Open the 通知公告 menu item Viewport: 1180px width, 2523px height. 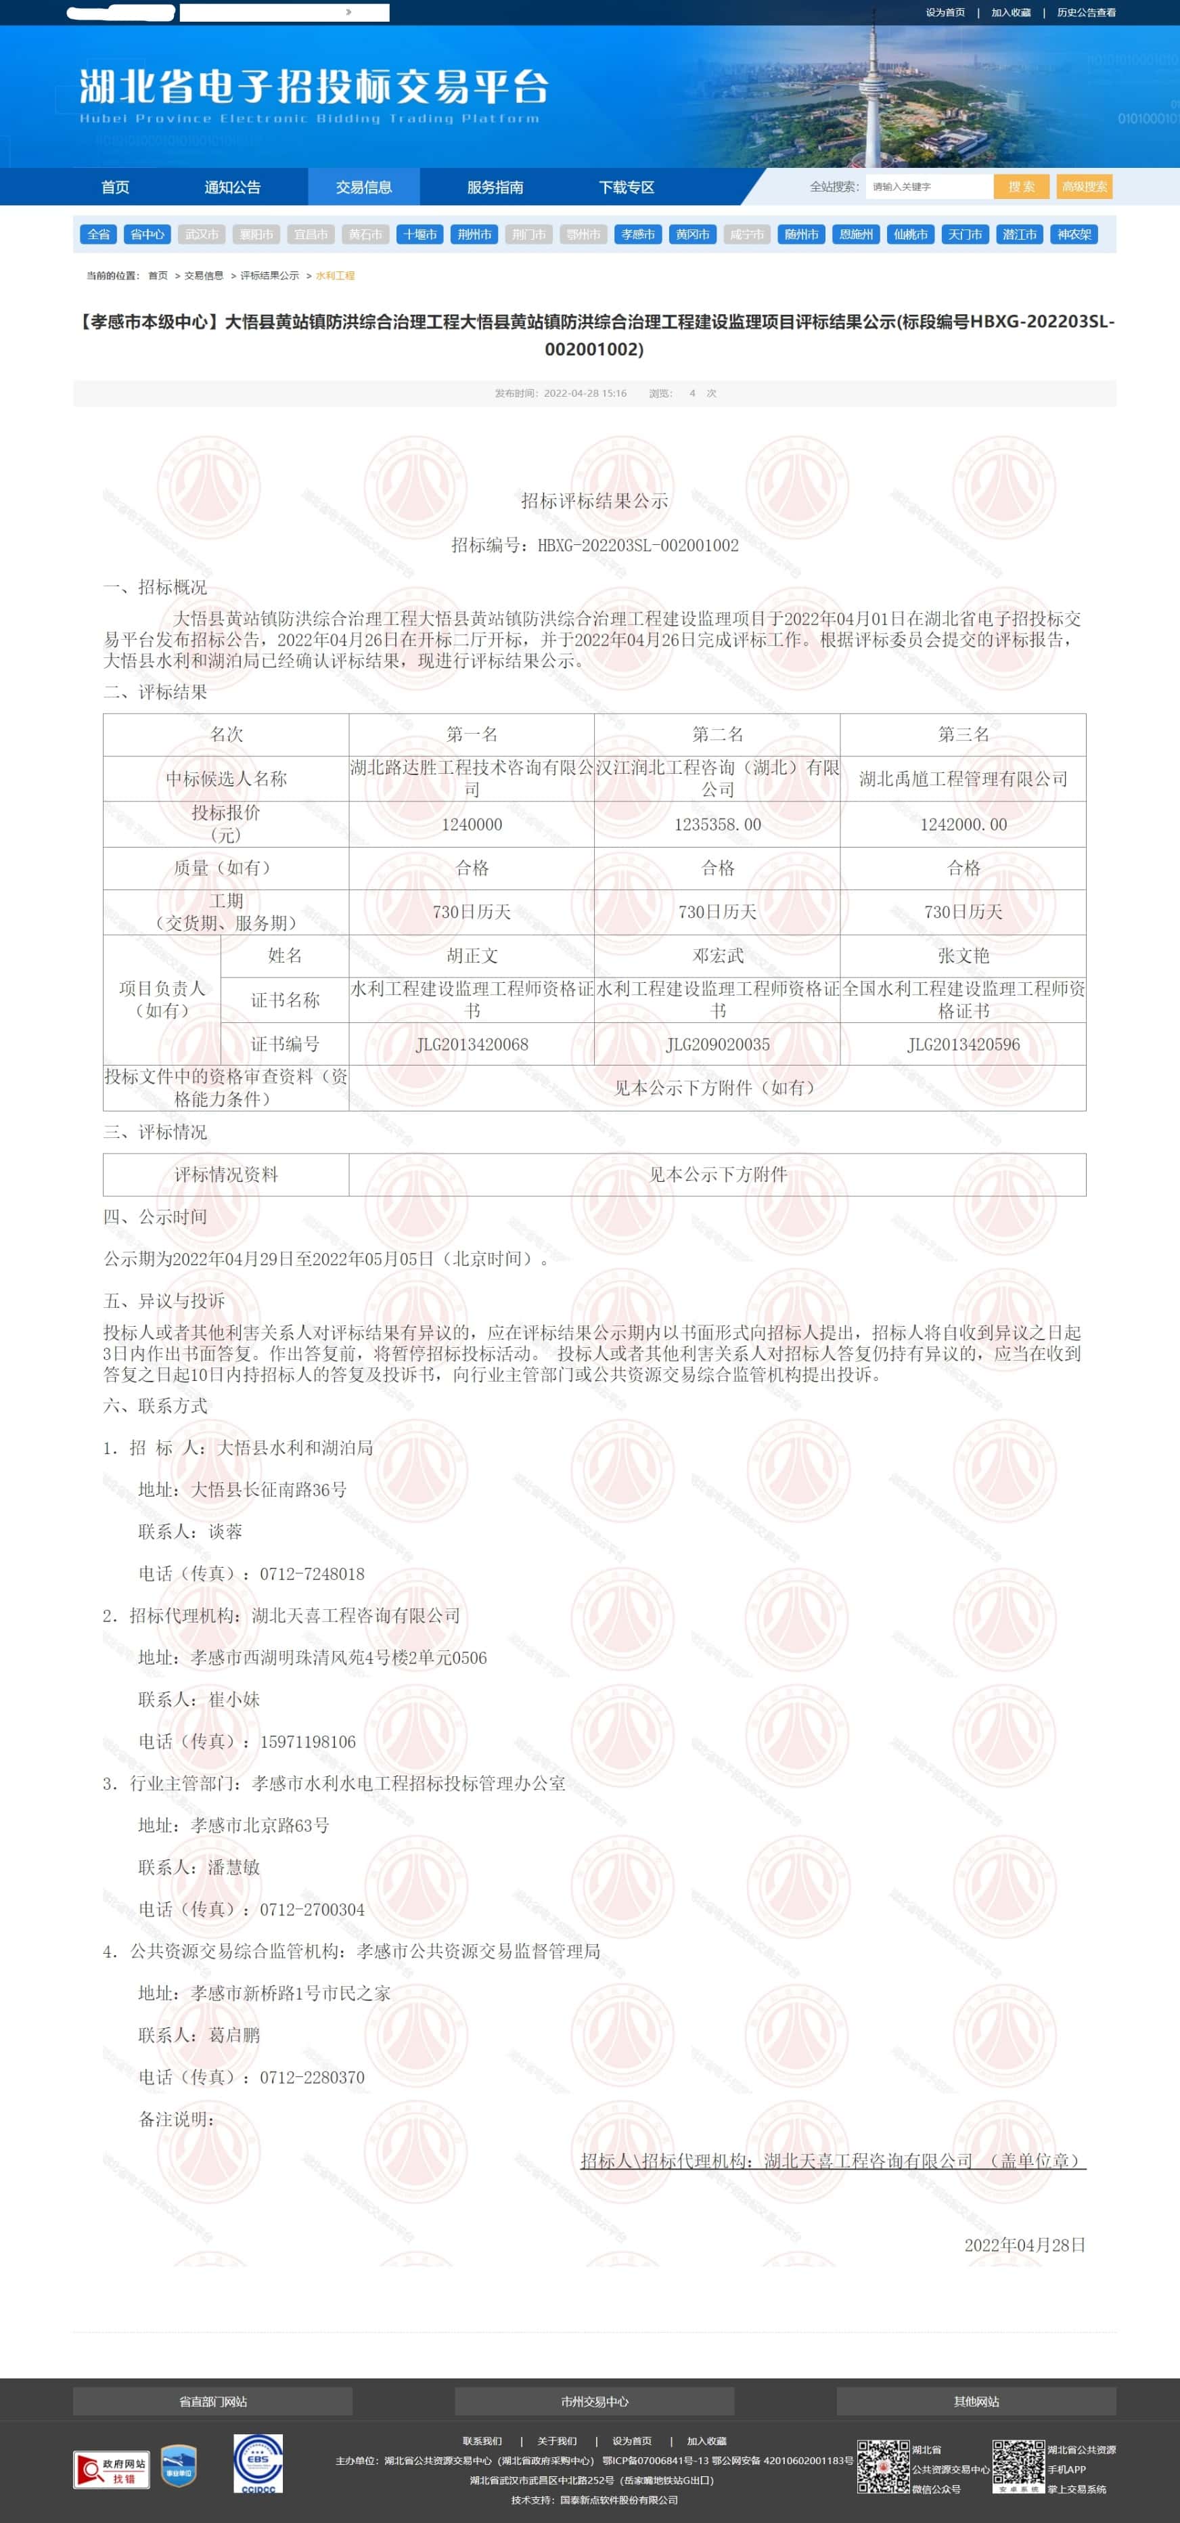tap(232, 187)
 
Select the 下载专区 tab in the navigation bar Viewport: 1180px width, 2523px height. tap(626, 187)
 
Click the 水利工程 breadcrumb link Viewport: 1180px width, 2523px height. tap(335, 276)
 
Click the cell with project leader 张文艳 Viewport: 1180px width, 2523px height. tap(963, 956)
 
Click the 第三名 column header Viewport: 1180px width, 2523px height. tap(963, 734)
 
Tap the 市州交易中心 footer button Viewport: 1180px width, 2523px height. tap(595, 2400)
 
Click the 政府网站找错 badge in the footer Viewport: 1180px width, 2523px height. tap(112, 2470)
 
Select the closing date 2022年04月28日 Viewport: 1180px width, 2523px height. tap(1024, 2245)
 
